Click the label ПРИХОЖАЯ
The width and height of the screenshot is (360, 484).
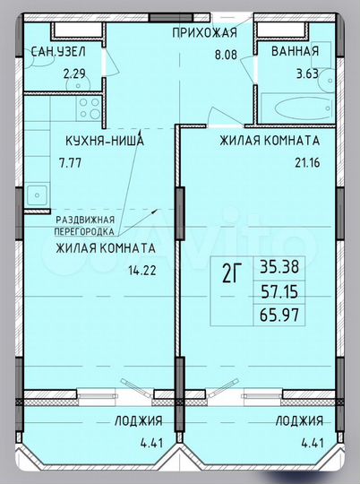[204, 33]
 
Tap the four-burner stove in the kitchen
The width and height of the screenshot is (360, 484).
[89, 109]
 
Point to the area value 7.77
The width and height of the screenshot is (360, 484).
[67, 163]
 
